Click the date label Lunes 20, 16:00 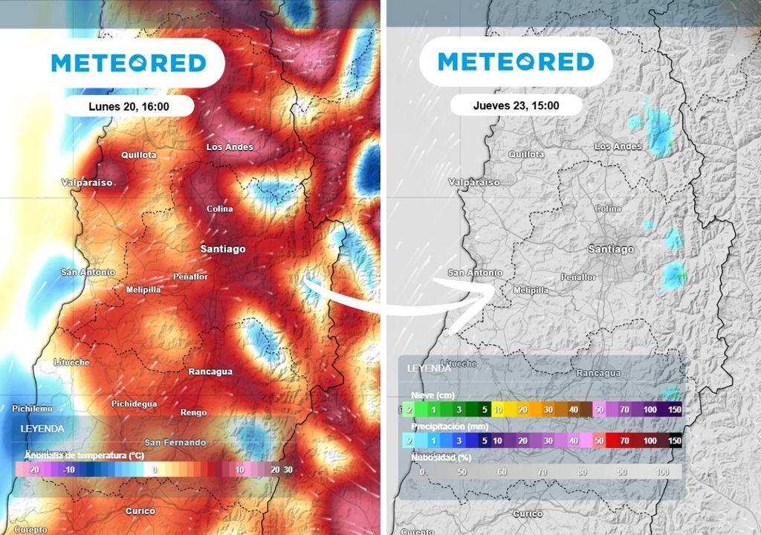coord(129,106)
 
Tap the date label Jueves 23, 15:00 coord(516,106)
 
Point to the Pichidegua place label coord(134,403)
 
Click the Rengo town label coord(193,412)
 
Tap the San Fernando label coord(175,442)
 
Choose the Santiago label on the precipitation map coord(611,250)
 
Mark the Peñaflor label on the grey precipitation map coord(578,277)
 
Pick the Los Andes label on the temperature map coord(230,147)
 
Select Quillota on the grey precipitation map coord(527,155)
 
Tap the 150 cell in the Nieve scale coord(673,409)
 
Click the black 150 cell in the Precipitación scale coord(674,441)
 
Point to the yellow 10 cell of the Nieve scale coord(499,409)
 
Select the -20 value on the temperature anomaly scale coord(33,470)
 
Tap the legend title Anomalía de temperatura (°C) coord(84,455)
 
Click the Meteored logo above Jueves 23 coord(516,62)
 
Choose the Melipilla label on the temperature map coord(143,289)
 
